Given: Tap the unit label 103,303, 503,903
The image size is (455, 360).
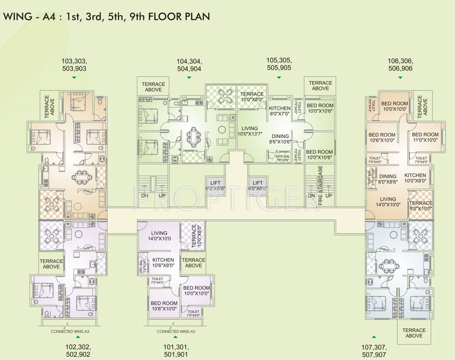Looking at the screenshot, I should coord(74,65).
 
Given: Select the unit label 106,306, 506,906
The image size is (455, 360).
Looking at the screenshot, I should coord(400,65).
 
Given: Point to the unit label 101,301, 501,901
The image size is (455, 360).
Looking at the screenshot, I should coord(175,351).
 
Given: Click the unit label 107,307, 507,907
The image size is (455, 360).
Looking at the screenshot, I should coord(374,351).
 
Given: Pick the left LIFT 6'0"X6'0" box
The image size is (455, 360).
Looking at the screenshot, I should coord(216,185).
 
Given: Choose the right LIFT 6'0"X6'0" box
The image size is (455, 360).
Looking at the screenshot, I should coord(258,185).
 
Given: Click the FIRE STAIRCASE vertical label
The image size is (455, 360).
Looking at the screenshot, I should coord(320,185).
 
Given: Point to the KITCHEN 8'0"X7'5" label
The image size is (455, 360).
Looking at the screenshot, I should coord(280,111).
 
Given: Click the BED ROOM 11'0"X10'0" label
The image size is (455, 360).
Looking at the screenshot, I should coord(425,137).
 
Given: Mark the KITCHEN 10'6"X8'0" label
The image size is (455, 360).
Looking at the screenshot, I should coord(163,262).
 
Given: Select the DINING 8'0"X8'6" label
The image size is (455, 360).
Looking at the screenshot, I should coord(388,179).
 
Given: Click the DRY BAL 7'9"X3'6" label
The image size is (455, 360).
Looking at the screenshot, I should coord(282,158).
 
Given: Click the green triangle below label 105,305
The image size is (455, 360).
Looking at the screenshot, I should coord(279,77).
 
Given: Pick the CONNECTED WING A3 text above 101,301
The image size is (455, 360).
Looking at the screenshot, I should coord(175,331).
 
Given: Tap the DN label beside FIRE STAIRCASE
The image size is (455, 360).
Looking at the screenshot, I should coord(311,195).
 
